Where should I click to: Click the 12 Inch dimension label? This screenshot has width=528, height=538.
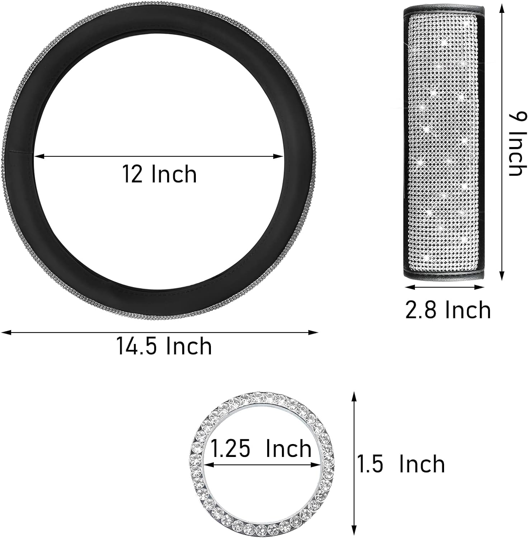pyautogui.click(x=160, y=174)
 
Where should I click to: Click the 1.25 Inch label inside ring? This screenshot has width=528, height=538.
pyautogui.click(x=261, y=449)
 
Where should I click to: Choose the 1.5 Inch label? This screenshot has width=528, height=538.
pyautogui.click(x=401, y=464)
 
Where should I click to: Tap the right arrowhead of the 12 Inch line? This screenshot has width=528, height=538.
pyautogui.click(x=279, y=156)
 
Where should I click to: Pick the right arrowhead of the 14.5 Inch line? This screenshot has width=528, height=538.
pyautogui.click(x=313, y=332)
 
